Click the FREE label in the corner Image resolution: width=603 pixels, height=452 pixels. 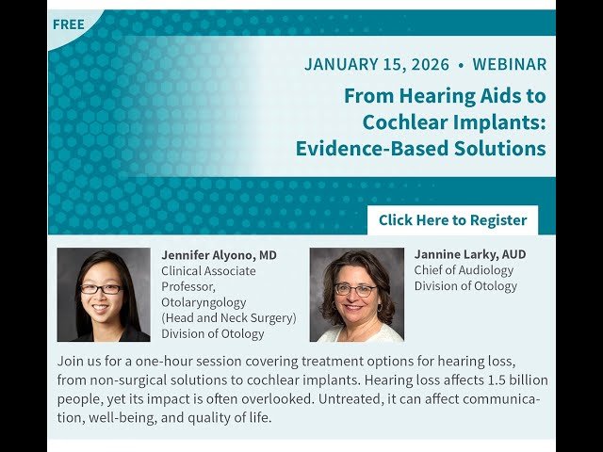pyautogui.click(x=68, y=24)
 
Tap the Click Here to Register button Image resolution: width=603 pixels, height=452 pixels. pyautogui.click(x=452, y=219)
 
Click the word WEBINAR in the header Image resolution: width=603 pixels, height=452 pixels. pyautogui.click(x=510, y=65)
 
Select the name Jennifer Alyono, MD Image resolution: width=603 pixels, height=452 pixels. pyautogui.click(x=219, y=255)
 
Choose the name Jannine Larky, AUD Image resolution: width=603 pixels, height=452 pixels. pyautogui.click(x=469, y=254)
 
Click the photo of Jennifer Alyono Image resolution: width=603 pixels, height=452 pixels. pyautogui.click(x=103, y=295)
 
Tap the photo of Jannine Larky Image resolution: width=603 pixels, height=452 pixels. pyautogui.click(x=356, y=295)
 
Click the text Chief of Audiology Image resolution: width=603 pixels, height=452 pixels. pyautogui.click(x=464, y=270)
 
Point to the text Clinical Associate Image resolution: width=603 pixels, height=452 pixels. pyautogui.click(x=208, y=271)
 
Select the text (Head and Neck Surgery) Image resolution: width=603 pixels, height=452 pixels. pyautogui.click(x=228, y=317)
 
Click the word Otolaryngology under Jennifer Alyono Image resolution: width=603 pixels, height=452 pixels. pyautogui.click(x=204, y=302)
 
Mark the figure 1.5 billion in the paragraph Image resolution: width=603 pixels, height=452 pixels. pyautogui.click(x=507, y=379)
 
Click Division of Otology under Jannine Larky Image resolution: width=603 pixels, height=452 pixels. pyautogui.click(x=465, y=286)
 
